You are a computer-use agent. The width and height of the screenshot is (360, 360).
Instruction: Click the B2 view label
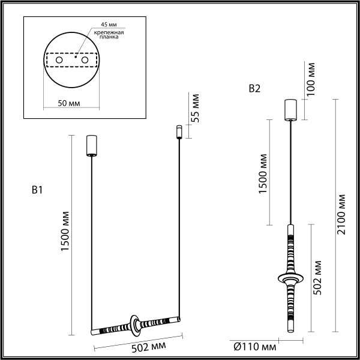tap(254, 89)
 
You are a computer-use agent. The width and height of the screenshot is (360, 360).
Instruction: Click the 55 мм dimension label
tap(195, 108)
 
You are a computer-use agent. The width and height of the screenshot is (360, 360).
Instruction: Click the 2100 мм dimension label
tap(341, 215)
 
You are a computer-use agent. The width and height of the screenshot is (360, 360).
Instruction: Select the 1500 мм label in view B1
tap(67, 234)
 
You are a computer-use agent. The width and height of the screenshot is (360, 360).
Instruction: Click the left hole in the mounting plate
tap(59, 61)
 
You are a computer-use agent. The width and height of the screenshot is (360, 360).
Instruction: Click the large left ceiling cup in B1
tap(92, 145)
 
